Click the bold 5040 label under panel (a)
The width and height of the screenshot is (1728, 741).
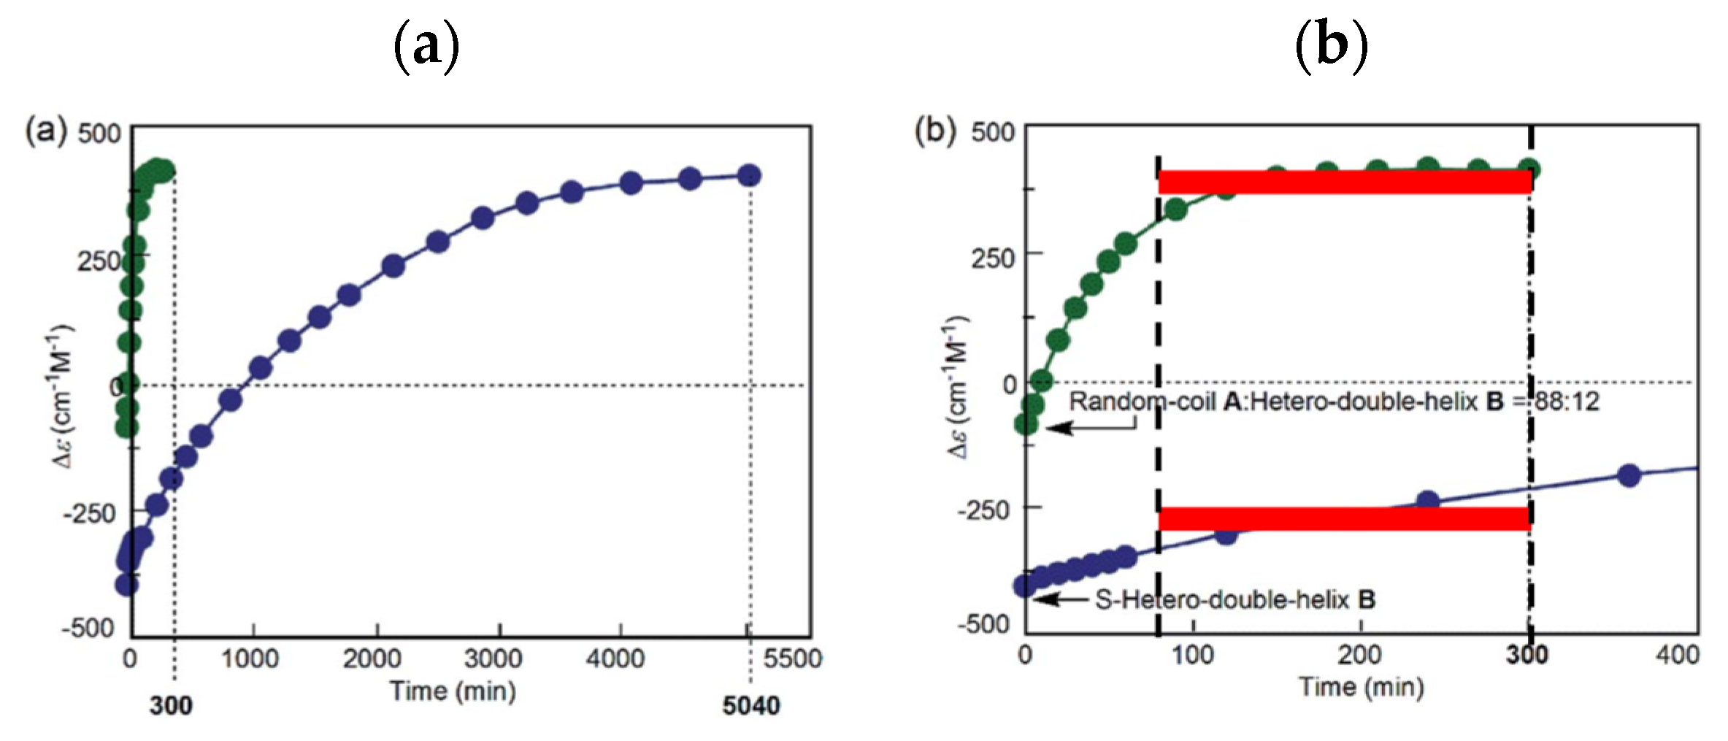point(750,705)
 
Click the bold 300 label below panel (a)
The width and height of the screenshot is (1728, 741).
point(171,705)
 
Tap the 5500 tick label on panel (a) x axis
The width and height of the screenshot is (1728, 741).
point(792,659)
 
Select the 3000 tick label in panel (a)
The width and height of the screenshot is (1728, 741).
point(494,659)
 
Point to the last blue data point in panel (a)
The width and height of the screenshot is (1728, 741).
point(749,175)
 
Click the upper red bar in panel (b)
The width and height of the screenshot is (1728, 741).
point(1344,182)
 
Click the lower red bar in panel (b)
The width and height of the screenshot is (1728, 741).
point(1344,518)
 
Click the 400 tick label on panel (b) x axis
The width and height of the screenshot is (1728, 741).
point(1677,654)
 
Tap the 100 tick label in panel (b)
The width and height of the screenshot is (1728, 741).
point(1192,654)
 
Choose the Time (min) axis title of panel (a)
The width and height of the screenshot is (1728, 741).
point(453,691)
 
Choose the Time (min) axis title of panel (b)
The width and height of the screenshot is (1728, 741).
point(1361,687)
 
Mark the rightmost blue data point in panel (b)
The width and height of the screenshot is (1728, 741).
point(1629,475)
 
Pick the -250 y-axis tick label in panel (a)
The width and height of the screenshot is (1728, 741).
point(89,513)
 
